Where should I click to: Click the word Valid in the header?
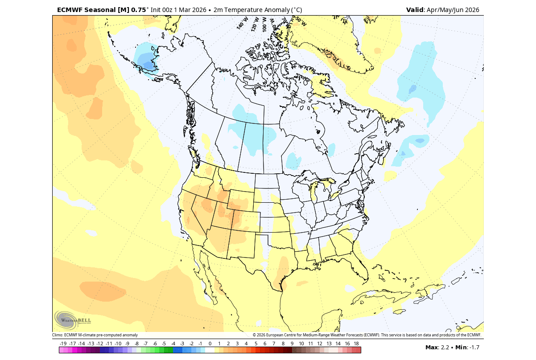[415, 10]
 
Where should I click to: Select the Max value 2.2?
[445, 347]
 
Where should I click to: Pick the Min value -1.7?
[474, 347]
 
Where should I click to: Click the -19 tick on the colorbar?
[63, 344]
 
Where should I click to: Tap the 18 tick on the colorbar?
[356, 344]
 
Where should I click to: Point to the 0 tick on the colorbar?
[210, 344]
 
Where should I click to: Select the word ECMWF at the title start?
[70, 10]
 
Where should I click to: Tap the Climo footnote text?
[95, 335]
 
